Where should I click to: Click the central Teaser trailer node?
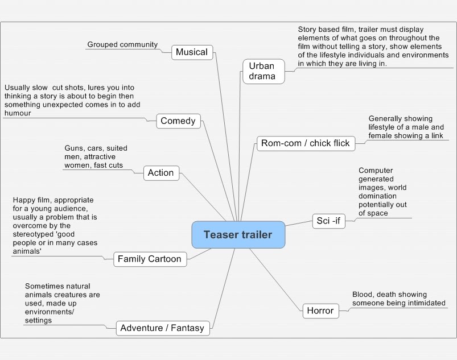coord(238,235)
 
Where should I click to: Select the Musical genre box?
coord(192,52)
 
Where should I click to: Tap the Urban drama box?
coord(262,71)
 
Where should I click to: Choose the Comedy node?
coord(178,121)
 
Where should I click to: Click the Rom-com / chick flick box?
coord(305,143)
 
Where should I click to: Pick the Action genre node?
coord(160,173)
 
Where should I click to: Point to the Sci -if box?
coord(328,221)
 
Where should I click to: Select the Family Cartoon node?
coord(149,259)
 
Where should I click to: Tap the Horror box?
coord(320,311)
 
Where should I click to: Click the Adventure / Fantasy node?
coord(163,328)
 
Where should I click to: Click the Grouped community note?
coord(122,44)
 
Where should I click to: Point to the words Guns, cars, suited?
coord(96,148)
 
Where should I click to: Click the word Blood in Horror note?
coord(363,295)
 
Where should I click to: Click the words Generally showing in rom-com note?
coord(397,119)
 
